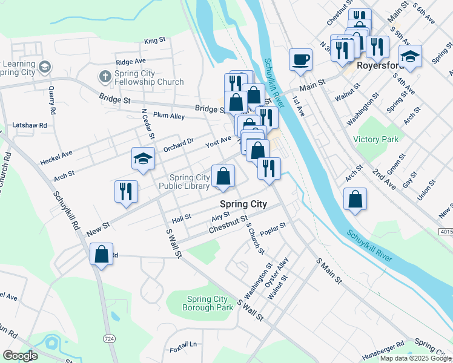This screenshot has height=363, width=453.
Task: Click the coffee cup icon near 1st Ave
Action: [x=301, y=59]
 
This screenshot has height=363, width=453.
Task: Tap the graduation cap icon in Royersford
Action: [x=410, y=56]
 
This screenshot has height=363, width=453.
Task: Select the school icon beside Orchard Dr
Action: [x=144, y=159]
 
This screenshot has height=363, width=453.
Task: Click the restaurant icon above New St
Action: [x=126, y=191]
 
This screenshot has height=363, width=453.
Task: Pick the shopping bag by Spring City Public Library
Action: [x=223, y=176]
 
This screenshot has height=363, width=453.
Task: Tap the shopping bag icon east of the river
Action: [x=355, y=199]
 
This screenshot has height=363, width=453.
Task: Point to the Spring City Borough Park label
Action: [x=208, y=303]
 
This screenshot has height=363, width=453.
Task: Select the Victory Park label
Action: [x=376, y=139]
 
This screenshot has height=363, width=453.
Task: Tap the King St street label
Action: [x=155, y=41]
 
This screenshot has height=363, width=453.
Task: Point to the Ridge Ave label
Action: [x=131, y=62]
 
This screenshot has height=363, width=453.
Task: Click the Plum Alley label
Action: [x=169, y=116]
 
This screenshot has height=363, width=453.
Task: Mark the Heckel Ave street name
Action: [x=56, y=159]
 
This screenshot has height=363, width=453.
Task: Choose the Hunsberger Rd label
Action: [x=383, y=345]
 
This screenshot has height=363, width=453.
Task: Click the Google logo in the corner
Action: [x=20, y=356]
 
